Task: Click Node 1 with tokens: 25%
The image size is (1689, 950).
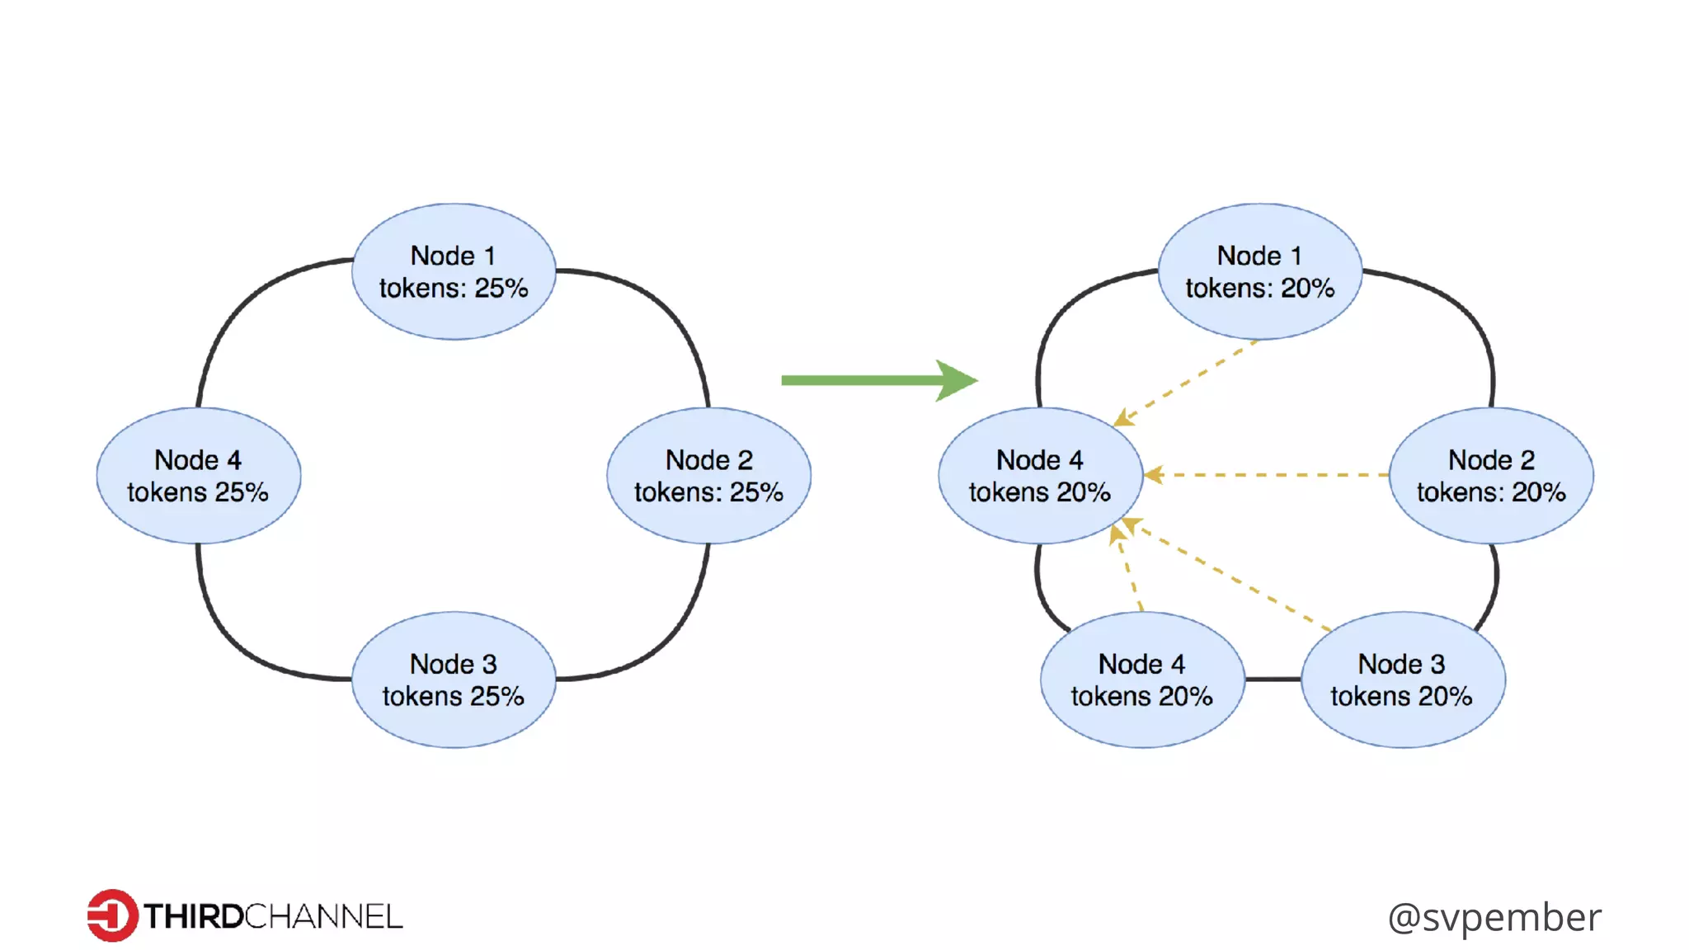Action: click(453, 271)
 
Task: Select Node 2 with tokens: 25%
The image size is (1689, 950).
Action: click(708, 476)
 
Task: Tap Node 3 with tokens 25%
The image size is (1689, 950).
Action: click(453, 680)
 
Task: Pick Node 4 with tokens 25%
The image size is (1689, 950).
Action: click(198, 476)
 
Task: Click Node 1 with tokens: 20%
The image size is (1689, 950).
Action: click(1259, 271)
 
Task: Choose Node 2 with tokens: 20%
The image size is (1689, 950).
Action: click(1491, 476)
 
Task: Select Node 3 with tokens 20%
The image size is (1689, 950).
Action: click(1402, 680)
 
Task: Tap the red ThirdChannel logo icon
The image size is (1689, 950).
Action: click(112, 915)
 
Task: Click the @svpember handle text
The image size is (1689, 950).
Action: click(1494, 917)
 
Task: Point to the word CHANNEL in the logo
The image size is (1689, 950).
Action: click(323, 917)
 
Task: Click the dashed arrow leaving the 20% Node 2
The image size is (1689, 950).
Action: click(1270, 475)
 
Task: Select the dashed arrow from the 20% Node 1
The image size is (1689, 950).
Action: click(1188, 381)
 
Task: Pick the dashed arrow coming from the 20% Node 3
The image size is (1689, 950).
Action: click(1229, 577)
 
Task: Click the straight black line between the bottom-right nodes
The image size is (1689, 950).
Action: click(1273, 680)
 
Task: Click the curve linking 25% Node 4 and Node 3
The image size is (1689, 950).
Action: click(239, 643)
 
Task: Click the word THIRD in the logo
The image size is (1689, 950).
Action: click(193, 917)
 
